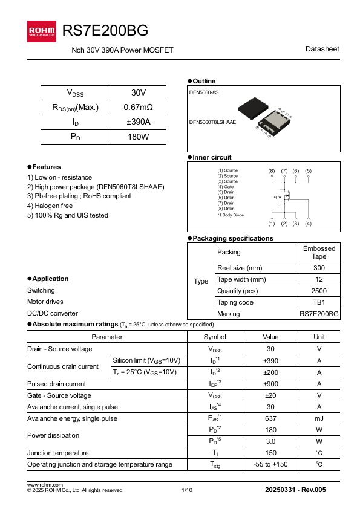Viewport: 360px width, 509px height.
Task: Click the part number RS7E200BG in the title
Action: [105, 31]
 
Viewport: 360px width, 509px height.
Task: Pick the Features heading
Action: [46, 167]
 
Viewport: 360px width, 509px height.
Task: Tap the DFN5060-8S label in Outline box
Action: [204, 92]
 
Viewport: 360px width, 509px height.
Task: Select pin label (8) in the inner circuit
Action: [272, 171]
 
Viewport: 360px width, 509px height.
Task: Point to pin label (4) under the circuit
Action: [308, 224]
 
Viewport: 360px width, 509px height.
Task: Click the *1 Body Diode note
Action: [231, 215]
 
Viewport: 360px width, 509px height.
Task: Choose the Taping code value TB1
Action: [319, 302]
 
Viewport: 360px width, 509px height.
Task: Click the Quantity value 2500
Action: [319, 291]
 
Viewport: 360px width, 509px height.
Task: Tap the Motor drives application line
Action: [45, 302]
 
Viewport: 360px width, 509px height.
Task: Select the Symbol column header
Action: [214, 337]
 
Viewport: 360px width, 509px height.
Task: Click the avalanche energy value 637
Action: [270, 418]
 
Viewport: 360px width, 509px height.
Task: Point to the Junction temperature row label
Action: [58, 453]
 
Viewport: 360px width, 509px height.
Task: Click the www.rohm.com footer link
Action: [45, 485]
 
